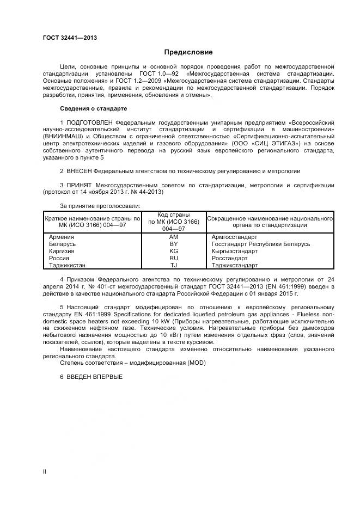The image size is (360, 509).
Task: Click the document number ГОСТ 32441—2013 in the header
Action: click(x=70, y=38)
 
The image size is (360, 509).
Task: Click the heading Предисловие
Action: click(x=188, y=52)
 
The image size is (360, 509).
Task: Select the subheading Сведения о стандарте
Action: click(x=93, y=108)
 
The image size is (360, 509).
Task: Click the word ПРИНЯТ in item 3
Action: click(x=79, y=185)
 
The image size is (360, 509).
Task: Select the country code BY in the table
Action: click(x=174, y=244)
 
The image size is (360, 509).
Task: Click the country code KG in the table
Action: click(x=174, y=252)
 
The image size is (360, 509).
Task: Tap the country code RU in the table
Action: click(x=174, y=259)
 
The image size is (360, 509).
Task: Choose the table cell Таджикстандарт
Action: click(x=234, y=266)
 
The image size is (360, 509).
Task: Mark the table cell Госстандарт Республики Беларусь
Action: click(x=260, y=244)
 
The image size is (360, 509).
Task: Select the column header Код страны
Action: click(x=174, y=214)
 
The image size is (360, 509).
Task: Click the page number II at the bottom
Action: click(x=45, y=471)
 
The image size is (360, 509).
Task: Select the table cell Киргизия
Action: click(x=62, y=252)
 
